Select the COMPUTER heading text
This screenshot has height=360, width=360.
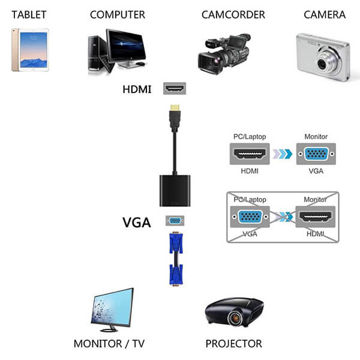point(118,14)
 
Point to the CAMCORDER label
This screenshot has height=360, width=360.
point(226,14)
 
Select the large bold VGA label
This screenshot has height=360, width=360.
point(137,222)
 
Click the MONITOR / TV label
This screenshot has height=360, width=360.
point(109,344)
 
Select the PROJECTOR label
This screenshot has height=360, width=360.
point(233,344)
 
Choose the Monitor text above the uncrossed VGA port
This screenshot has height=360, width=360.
point(316,137)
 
